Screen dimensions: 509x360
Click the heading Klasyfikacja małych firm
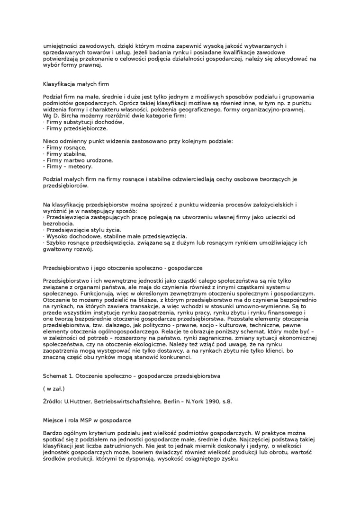coord(76,84)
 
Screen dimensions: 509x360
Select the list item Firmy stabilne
coord(65,154)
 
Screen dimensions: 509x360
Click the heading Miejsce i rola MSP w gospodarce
coord(87,420)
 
